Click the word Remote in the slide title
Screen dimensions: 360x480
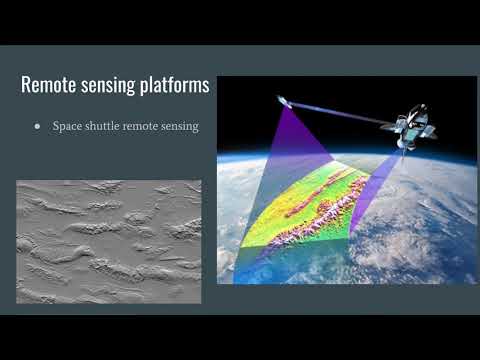pos(49,86)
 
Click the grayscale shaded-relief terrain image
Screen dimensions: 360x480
pos(108,241)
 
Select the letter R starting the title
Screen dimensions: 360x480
pos(27,86)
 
